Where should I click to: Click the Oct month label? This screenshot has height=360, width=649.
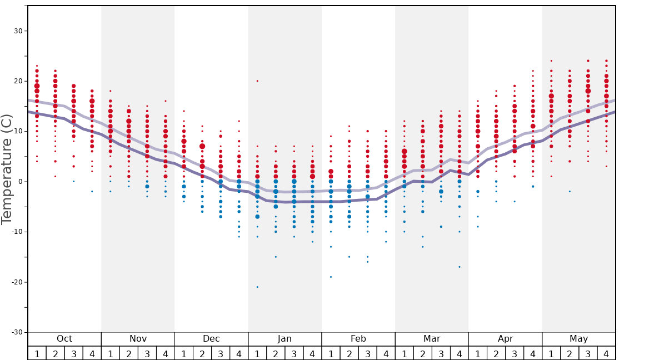(64, 339)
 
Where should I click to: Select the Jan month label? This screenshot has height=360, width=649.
(284, 339)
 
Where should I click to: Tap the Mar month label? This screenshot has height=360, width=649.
(432, 339)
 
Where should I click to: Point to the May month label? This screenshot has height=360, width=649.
(578, 339)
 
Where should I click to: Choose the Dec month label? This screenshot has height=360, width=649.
(211, 339)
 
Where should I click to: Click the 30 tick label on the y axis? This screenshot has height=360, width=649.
(18, 31)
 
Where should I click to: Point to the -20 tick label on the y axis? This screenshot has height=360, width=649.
(17, 282)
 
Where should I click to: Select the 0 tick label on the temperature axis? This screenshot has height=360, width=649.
(20, 182)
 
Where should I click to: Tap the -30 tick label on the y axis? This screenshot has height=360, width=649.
(17, 332)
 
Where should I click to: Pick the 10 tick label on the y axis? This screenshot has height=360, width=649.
(18, 132)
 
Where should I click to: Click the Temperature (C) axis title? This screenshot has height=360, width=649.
(7, 169)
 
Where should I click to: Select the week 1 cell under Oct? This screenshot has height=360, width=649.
(37, 353)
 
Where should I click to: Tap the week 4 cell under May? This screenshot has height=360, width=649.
(606, 353)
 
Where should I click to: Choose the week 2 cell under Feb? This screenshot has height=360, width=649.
(349, 353)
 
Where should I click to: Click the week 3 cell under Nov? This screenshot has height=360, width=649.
(147, 353)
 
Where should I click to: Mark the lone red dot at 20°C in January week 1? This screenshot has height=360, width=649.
(257, 81)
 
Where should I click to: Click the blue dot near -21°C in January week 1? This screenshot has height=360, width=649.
(257, 287)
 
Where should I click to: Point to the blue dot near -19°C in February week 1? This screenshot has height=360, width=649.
(331, 277)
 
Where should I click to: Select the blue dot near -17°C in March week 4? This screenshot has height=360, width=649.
(460, 267)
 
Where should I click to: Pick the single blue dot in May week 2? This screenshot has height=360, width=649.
(570, 192)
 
